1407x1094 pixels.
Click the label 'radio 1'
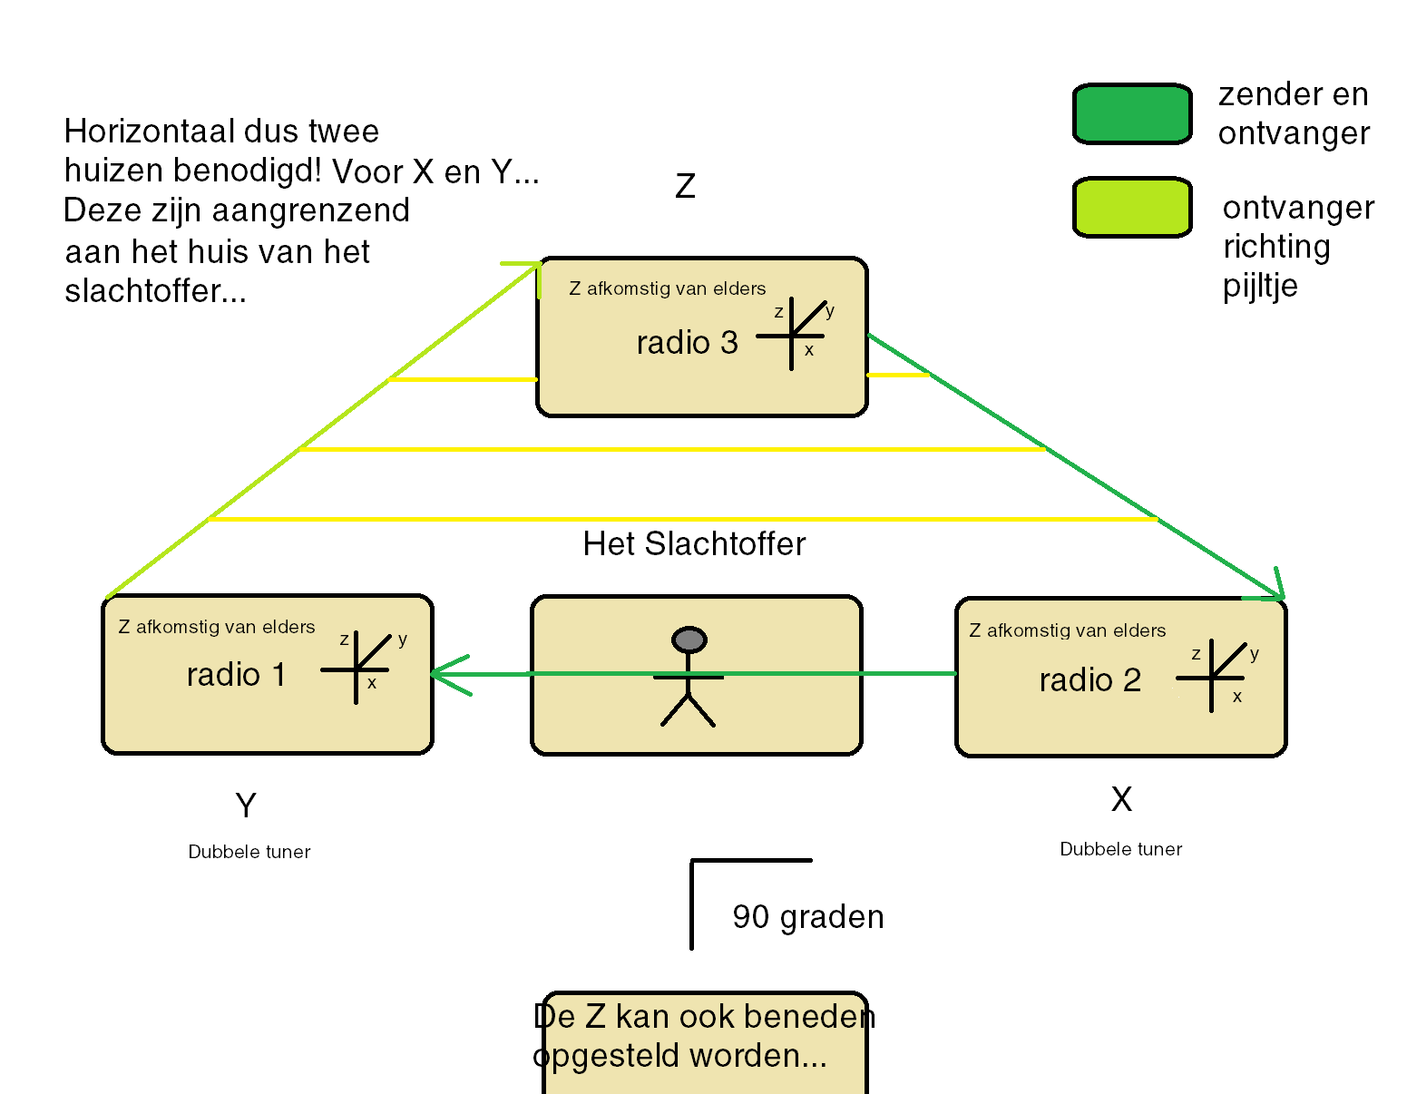point(236,675)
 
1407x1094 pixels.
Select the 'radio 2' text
point(1089,680)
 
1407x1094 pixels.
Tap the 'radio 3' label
point(687,343)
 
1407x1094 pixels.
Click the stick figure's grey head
point(689,640)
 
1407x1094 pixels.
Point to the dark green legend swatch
point(1131,114)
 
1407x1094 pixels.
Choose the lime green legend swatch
point(1131,208)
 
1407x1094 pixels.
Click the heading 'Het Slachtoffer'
point(694,544)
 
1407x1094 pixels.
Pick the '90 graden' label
point(807,917)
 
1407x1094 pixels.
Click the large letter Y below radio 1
point(246,806)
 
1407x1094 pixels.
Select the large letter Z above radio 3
point(685,187)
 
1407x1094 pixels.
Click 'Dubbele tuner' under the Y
point(249,852)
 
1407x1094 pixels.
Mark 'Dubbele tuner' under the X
point(1120,849)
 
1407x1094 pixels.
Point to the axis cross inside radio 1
point(356,669)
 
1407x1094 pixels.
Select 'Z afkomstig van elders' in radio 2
point(1067,630)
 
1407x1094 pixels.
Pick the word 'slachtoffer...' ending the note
point(155,291)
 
